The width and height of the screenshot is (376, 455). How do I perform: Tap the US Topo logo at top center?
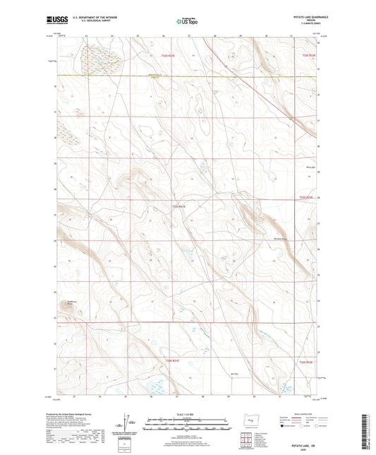click(x=186, y=21)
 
